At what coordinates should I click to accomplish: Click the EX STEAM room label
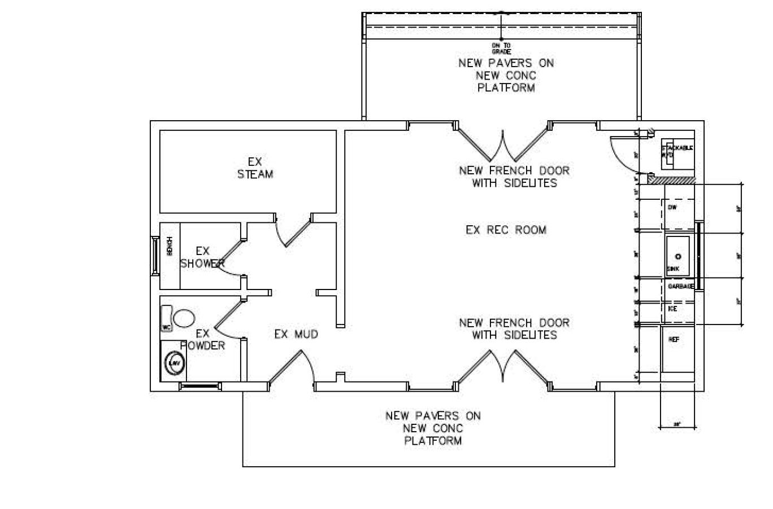[x=255, y=168]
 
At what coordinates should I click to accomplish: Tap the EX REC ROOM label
[x=506, y=230]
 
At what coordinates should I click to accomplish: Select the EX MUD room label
[x=296, y=334]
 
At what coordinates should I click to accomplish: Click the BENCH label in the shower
[x=170, y=247]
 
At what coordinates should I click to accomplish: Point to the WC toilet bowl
[x=184, y=318]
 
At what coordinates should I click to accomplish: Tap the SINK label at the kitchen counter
[x=673, y=269]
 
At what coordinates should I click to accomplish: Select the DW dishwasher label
[x=672, y=208]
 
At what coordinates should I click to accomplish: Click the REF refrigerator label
[x=674, y=340]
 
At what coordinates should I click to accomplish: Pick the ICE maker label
[x=672, y=309]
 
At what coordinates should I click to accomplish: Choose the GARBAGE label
[x=681, y=287]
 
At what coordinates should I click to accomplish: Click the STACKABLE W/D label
[x=677, y=151]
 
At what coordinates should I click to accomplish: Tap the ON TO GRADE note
[x=501, y=48]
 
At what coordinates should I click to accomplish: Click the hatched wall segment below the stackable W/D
[x=672, y=179]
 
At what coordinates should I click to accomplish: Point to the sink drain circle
[x=678, y=256]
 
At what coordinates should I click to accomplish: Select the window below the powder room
[x=199, y=387]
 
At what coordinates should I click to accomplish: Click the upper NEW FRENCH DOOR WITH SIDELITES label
[x=514, y=177]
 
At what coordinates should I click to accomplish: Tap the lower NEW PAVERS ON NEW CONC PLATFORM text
[x=433, y=428]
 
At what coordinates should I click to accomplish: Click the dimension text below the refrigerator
[x=677, y=424]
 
